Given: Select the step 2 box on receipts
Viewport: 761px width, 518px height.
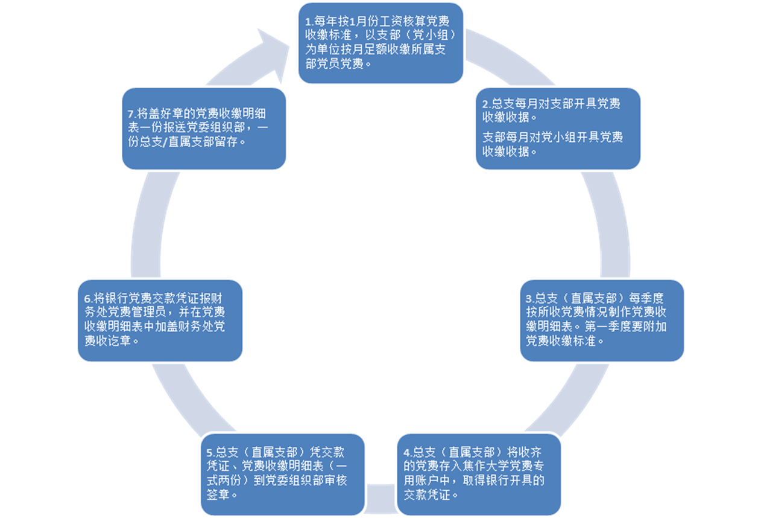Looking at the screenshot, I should pyautogui.click(x=558, y=128).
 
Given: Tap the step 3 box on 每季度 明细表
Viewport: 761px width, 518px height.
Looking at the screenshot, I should pyautogui.click(x=601, y=319).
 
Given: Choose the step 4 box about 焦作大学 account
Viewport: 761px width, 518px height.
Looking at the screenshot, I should pyautogui.click(x=479, y=474).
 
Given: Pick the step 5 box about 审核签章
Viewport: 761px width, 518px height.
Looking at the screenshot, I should pyautogui.click(x=282, y=474).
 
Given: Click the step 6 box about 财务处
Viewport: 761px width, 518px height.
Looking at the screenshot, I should pyautogui.click(x=160, y=320).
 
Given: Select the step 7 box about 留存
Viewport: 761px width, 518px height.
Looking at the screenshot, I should pyautogui.click(x=203, y=127).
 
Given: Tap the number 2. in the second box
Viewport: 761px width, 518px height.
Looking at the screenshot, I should pyautogui.click(x=486, y=104).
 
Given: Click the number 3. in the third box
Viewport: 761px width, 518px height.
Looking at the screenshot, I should pyautogui.click(x=529, y=298).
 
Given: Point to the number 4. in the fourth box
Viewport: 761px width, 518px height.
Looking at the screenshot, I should pyautogui.click(x=408, y=452).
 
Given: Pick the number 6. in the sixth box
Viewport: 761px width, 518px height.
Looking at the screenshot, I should pyautogui.click(x=89, y=299).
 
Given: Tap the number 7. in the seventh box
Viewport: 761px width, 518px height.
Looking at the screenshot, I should pyautogui.click(x=132, y=113).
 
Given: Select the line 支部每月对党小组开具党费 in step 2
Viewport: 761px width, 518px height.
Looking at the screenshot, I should pyautogui.click(x=553, y=137).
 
